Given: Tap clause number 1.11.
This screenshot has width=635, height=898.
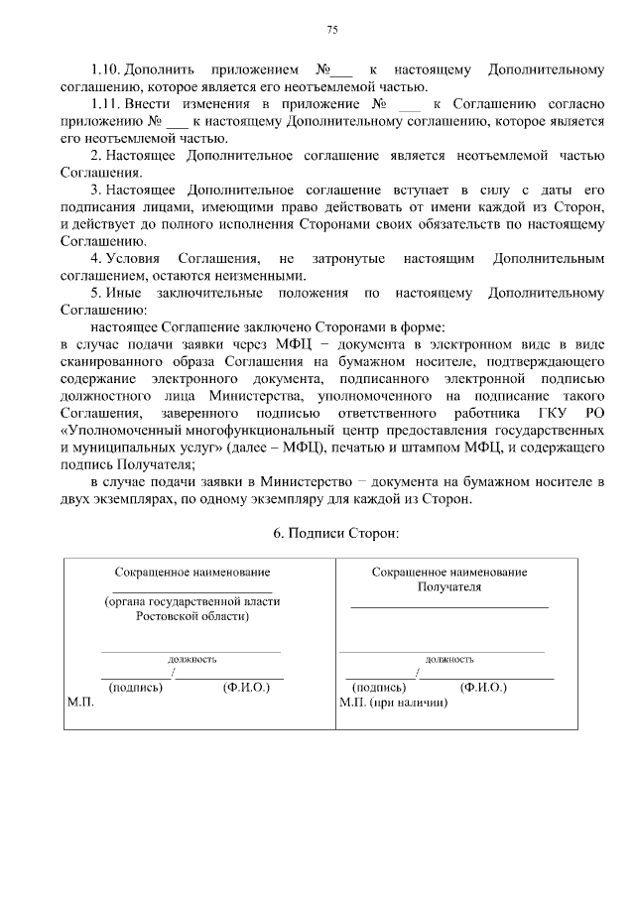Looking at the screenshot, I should click(x=105, y=103).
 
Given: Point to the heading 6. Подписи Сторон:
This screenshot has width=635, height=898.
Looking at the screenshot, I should click(x=335, y=533).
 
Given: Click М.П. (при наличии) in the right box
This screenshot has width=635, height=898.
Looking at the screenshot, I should click(x=394, y=702).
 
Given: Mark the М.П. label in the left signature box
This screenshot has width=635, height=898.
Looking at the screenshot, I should click(x=80, y=702).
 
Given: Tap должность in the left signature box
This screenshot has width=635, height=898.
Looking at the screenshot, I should click(x=192, y=659).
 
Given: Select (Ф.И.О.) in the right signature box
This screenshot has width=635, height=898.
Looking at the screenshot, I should click(x=483, y=687).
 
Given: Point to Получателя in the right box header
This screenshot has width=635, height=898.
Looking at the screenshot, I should click(x=448, y=586).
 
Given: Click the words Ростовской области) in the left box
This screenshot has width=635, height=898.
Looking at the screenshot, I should click(x=192, y=616).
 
